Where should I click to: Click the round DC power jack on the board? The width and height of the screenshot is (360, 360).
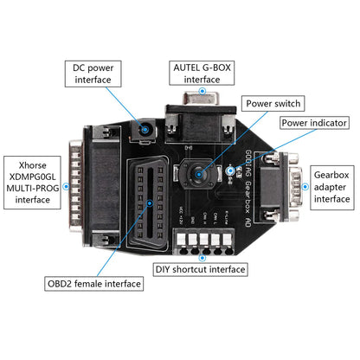[144, 130]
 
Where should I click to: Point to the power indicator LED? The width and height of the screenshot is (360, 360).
[230, 171]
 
